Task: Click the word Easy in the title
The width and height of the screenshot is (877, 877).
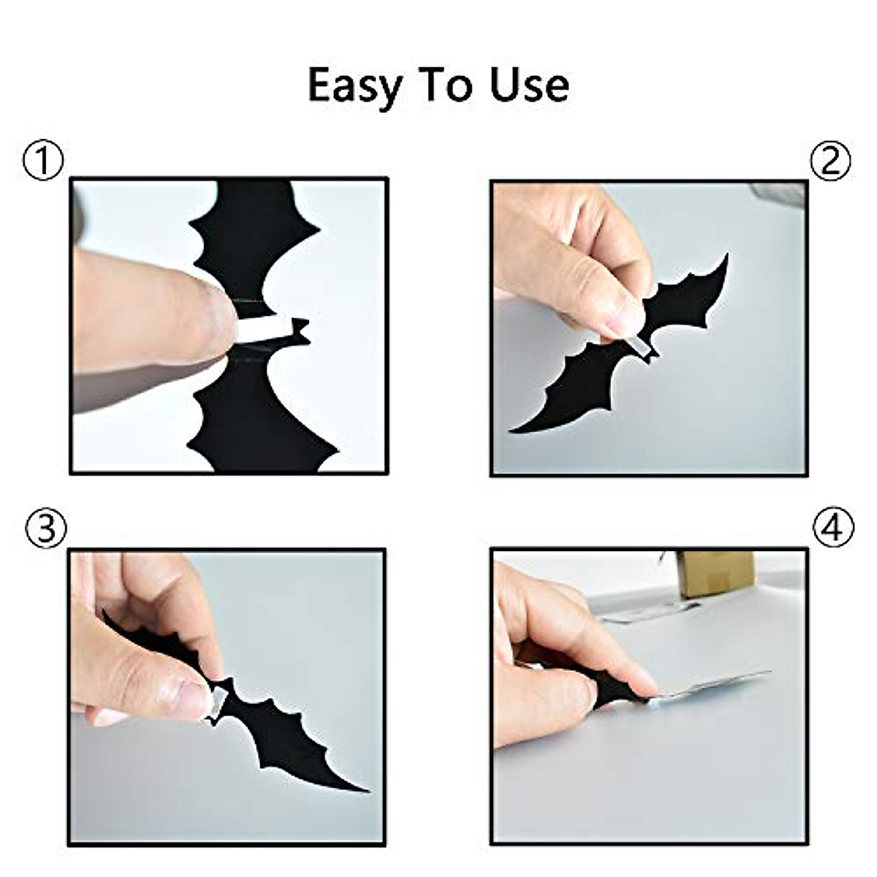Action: click(354, 86)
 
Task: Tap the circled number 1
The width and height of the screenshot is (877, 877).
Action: click(43, 161)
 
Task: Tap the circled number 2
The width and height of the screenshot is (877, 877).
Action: click(831, 161)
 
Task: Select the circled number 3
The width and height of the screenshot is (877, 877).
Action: click(45, 528)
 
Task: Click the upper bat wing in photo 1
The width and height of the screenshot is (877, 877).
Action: click(252, 234)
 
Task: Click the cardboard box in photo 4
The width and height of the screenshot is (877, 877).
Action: click(715, 574)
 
